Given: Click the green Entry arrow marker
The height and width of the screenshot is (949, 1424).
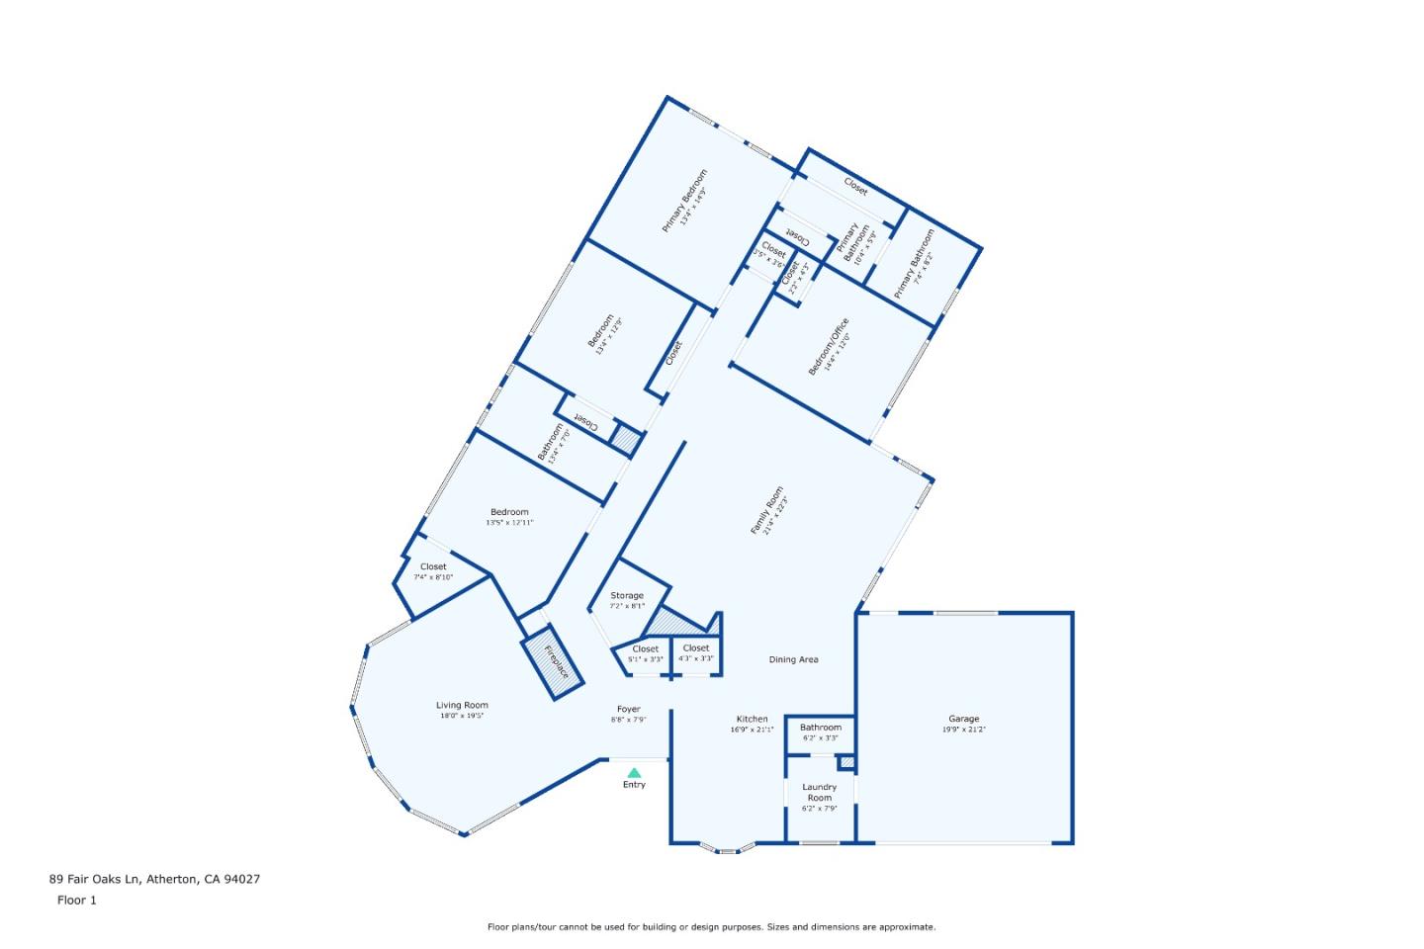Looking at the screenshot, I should tap(634, 772).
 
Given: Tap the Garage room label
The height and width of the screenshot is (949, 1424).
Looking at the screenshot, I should tap(963, 719).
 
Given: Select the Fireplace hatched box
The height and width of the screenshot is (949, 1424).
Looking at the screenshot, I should tap(552, 661).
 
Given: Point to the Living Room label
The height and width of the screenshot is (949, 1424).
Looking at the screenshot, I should tap(462, 705).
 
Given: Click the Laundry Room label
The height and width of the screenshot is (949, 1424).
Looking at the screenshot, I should tap(819, 792).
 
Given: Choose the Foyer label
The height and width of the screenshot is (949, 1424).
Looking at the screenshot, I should tap(628, 709).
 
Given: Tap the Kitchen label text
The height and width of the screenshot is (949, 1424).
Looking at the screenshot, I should tap(752, 719).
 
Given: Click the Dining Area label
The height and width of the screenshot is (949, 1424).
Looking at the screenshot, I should tap(793, 659).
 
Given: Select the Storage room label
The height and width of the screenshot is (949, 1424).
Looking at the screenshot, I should tap(627, 595).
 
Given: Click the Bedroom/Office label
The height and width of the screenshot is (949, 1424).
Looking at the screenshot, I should tap(829, 346).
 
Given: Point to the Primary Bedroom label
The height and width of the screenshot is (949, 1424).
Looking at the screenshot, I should tap(684, 201).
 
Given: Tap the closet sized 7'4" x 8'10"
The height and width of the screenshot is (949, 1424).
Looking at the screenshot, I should tap(433, 571).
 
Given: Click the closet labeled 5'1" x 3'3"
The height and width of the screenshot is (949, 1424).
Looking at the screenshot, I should tap(645, 653).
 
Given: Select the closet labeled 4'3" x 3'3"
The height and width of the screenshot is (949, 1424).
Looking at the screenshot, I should tap(696, 652).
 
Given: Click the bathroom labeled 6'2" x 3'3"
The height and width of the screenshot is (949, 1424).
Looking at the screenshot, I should tap(820, 732).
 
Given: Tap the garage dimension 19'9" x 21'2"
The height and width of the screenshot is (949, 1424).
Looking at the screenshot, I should tap(963, 730).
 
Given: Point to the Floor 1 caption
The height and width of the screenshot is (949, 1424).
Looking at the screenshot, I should tap(77, 900).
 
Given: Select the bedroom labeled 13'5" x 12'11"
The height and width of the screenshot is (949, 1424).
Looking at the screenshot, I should tap(509, 517).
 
